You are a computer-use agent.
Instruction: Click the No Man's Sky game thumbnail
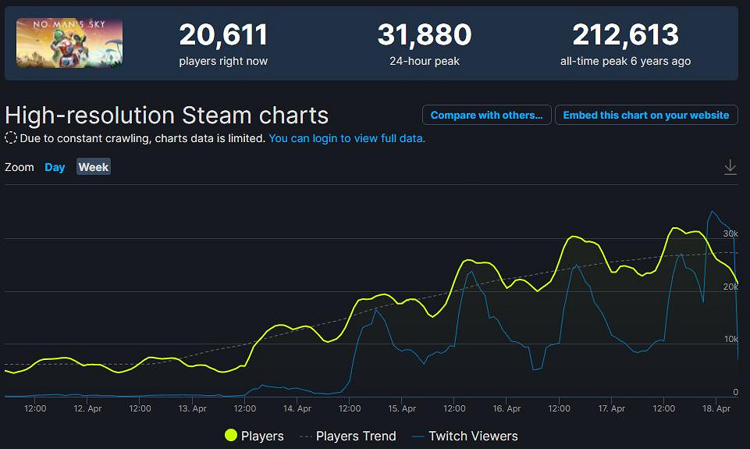69,43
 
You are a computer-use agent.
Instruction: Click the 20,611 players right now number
223,35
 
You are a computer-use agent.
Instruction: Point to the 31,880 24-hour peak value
425,35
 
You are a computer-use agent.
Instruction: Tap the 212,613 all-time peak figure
625,35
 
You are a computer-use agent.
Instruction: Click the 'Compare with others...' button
487,115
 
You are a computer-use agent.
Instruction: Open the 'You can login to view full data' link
347,138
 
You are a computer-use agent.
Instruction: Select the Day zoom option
55,167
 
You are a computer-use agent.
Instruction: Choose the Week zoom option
94,167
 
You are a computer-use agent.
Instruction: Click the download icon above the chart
730,167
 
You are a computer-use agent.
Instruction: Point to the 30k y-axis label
730,233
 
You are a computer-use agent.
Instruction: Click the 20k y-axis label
730,287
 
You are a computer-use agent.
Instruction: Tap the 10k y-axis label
730,339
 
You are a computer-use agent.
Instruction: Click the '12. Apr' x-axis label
87,408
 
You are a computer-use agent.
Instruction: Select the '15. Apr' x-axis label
401,408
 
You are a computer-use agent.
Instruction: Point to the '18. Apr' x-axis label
716,408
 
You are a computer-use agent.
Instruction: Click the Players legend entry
254,436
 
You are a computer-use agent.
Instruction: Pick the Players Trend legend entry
347,436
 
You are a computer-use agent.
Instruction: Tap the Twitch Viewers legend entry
465,436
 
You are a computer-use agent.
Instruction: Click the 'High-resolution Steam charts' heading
167,116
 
